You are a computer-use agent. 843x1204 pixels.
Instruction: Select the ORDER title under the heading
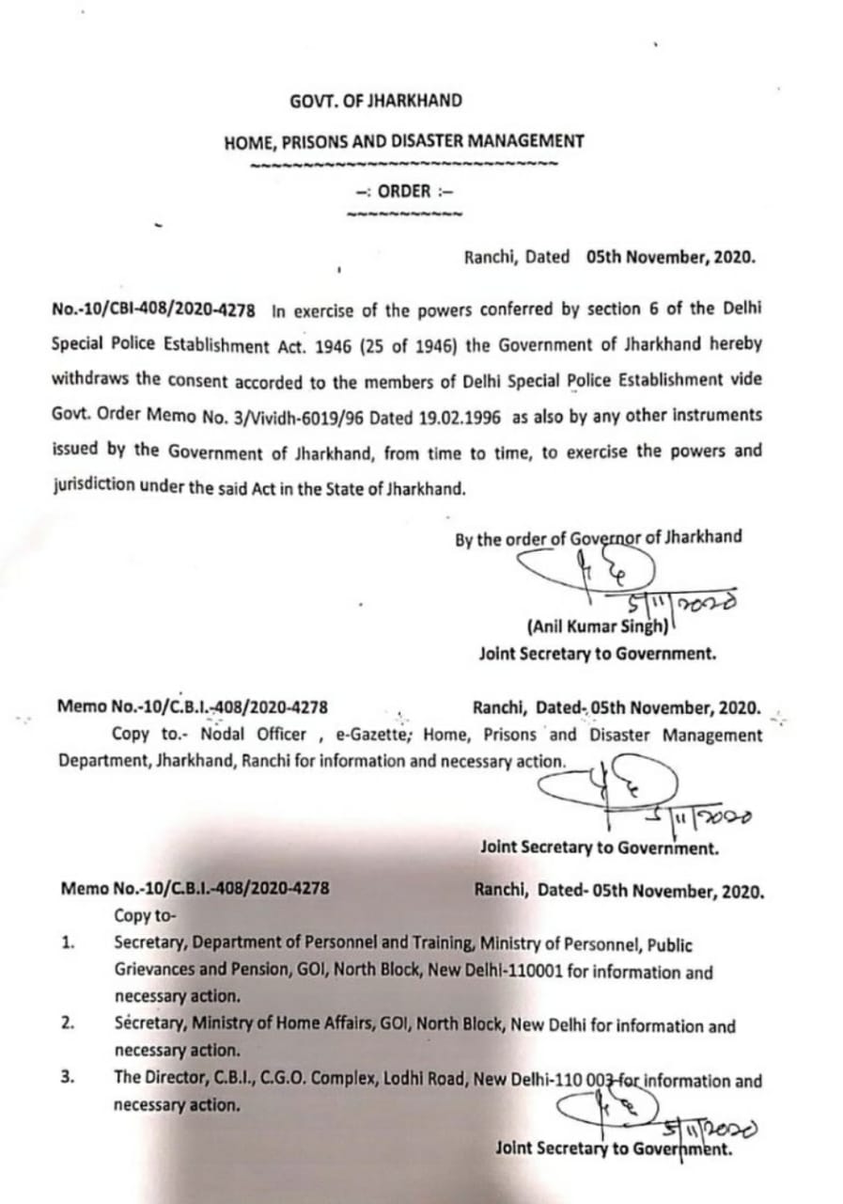[x=404, y=191]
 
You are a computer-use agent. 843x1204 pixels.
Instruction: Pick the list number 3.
[x=69, y=1079]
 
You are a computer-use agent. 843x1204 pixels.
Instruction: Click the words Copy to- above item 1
[x=145, y=915]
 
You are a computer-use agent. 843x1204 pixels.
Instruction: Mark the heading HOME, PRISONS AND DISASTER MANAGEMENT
[x=403, y=142]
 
